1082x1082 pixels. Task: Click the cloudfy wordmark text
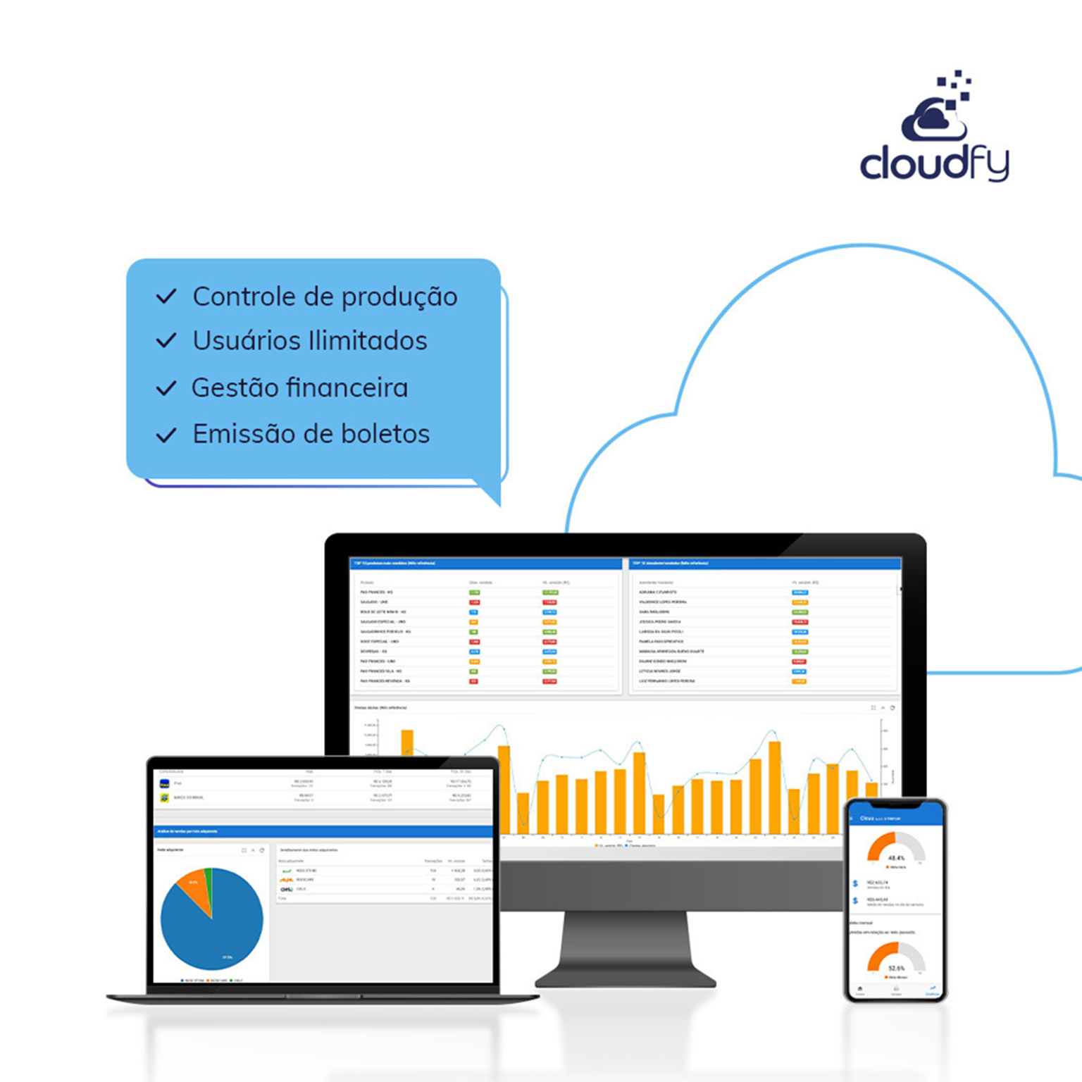[934, 163]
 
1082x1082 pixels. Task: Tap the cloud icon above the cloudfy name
[933, 120]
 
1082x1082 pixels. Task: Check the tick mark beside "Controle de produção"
[166, 297]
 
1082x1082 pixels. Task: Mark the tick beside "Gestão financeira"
[166, 388]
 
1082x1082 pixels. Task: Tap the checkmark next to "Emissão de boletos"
[166, 435]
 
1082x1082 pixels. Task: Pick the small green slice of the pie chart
[208, 877]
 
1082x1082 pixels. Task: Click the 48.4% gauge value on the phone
[896, 858]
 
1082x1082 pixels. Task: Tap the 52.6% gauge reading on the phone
[896, 969]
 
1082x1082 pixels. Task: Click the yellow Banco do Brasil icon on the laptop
[164, 797]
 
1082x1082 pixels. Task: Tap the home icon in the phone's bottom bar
[860, 990]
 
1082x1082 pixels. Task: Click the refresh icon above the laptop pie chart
[262, 850]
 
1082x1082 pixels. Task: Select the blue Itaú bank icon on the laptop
[164, 783]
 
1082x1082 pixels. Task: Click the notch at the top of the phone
[895, 804]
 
